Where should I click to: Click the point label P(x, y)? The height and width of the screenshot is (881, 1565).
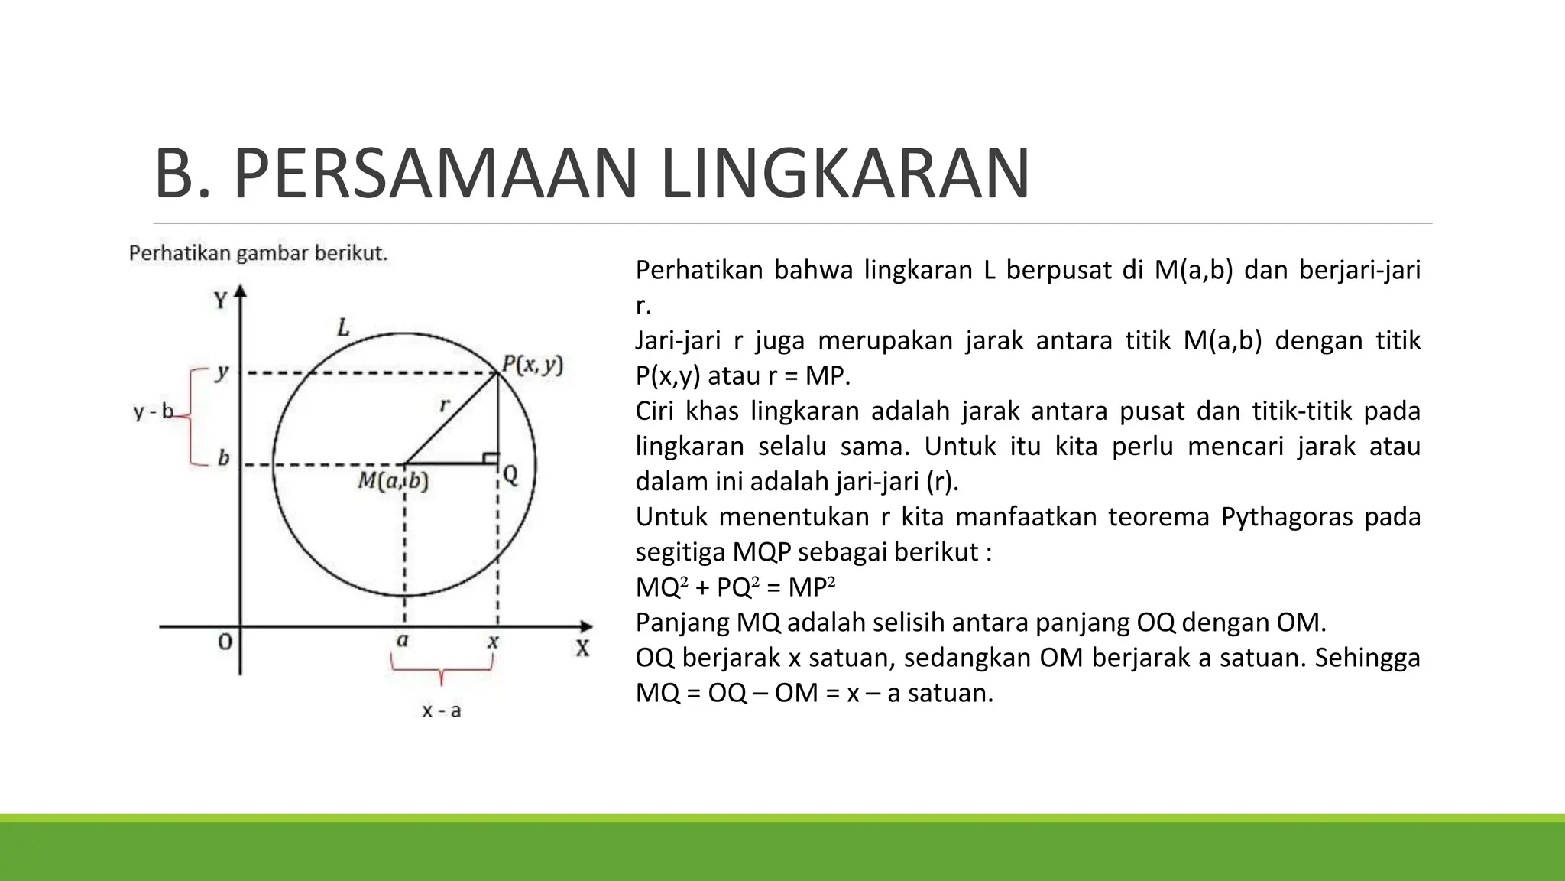coord(533,366)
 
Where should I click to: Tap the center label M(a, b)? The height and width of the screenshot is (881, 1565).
coord(394,481)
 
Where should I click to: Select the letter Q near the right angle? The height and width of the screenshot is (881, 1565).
coord(510,476)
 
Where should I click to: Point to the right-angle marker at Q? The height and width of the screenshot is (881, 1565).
coord(491,458)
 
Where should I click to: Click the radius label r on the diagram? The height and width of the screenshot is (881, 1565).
coord(445,405)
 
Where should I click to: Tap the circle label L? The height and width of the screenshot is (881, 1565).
coord(343,328)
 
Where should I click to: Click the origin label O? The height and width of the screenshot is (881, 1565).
coord(225,642)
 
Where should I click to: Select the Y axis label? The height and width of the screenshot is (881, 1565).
coord(220,301)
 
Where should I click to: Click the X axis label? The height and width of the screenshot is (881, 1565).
coord(582,649)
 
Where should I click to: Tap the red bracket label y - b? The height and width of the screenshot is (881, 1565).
coord(153,413)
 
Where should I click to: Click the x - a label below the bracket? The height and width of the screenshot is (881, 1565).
coord(442,711)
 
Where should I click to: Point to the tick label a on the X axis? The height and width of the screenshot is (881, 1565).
coord(403,640)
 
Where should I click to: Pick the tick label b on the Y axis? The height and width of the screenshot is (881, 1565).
coord(223,458)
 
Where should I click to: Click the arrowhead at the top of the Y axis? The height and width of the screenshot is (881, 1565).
coord(241,291)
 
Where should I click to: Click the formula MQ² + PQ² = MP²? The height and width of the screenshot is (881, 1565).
coord(735,587)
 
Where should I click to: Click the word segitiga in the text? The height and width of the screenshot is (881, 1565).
coord(680,552)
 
